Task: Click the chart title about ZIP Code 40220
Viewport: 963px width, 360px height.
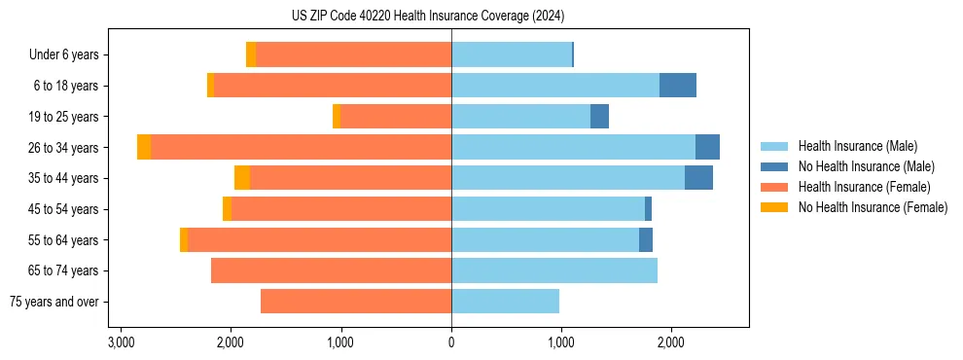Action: [427, 16]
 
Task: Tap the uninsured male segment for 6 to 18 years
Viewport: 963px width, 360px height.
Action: [677, 86]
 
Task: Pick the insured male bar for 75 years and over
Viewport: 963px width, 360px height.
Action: [505, 302]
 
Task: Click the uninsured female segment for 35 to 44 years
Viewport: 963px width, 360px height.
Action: [242, 178]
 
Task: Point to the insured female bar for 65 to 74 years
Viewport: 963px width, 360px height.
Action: [331, 270]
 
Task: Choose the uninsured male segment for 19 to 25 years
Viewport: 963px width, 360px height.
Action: [599, 117]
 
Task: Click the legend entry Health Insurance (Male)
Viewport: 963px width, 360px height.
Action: [856, 146]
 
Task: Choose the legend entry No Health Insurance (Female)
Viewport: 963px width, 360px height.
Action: [872, 207]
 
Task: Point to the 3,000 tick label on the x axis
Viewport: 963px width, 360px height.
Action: [121, 342]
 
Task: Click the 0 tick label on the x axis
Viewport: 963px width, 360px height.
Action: [451, 342]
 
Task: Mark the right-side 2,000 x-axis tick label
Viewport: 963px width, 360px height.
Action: [670, 342]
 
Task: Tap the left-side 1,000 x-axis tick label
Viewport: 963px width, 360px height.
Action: [340, 342]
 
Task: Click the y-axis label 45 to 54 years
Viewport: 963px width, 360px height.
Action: [63, 209]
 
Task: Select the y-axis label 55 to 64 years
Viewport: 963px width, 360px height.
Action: [63, 240]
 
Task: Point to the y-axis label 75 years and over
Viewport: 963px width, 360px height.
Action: [53, 302]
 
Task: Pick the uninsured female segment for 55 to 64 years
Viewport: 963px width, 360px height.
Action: [183, 239]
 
